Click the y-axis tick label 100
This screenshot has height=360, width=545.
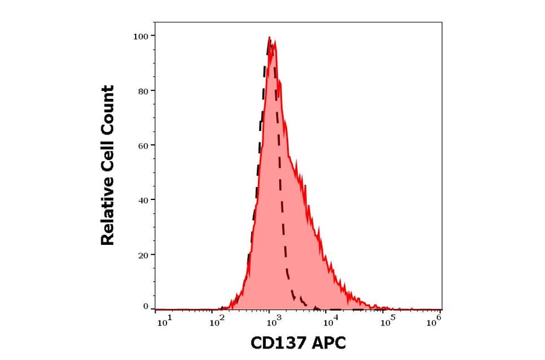(140, 36)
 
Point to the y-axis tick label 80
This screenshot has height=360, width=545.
(143, 91)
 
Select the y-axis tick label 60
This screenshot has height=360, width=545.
(143, 145)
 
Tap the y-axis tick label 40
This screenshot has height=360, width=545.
(143, 200)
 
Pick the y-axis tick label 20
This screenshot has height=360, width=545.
(143, 255)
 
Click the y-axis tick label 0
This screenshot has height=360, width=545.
(145, 307)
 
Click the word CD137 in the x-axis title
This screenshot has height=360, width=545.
(277, 344)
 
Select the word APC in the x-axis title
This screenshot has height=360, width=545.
(328, 344)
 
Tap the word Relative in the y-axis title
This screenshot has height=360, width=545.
(108, 214)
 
